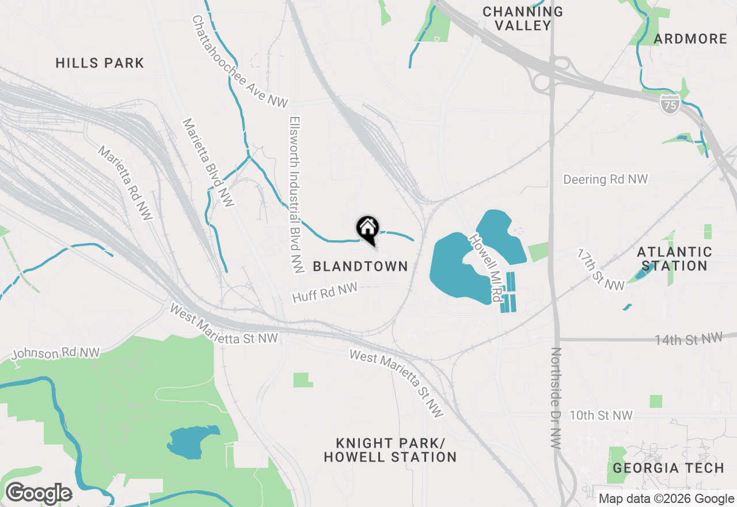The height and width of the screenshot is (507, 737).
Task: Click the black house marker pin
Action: click(x=367, y=228)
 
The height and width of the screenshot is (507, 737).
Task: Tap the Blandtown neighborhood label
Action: click(x=360, y=266)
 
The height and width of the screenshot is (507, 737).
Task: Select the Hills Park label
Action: click(x=100, y=63)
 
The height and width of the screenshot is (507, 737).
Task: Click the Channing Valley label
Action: click(x=523, y=18)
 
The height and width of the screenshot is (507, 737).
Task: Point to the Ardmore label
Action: click(x=691, y=39)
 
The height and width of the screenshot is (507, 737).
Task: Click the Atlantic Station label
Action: click(x=674, y=259)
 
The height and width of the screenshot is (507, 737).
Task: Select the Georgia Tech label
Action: click(x=668, y=468)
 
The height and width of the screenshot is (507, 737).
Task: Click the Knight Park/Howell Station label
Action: click(x=390, y=450)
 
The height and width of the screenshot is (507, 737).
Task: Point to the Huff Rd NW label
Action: click(x=325, y=292)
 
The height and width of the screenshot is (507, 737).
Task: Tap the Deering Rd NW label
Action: click(x=606, y=179)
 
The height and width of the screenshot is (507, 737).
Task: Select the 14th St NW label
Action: click(x=688, y=339)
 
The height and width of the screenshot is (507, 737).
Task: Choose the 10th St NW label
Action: click(x=601, y=415)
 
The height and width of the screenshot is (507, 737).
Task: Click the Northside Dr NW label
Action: click(x=556, y=398)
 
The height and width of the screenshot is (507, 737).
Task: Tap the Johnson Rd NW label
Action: click(x=56, y=353)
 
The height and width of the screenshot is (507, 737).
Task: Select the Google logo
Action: click(x=39, y=494)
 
